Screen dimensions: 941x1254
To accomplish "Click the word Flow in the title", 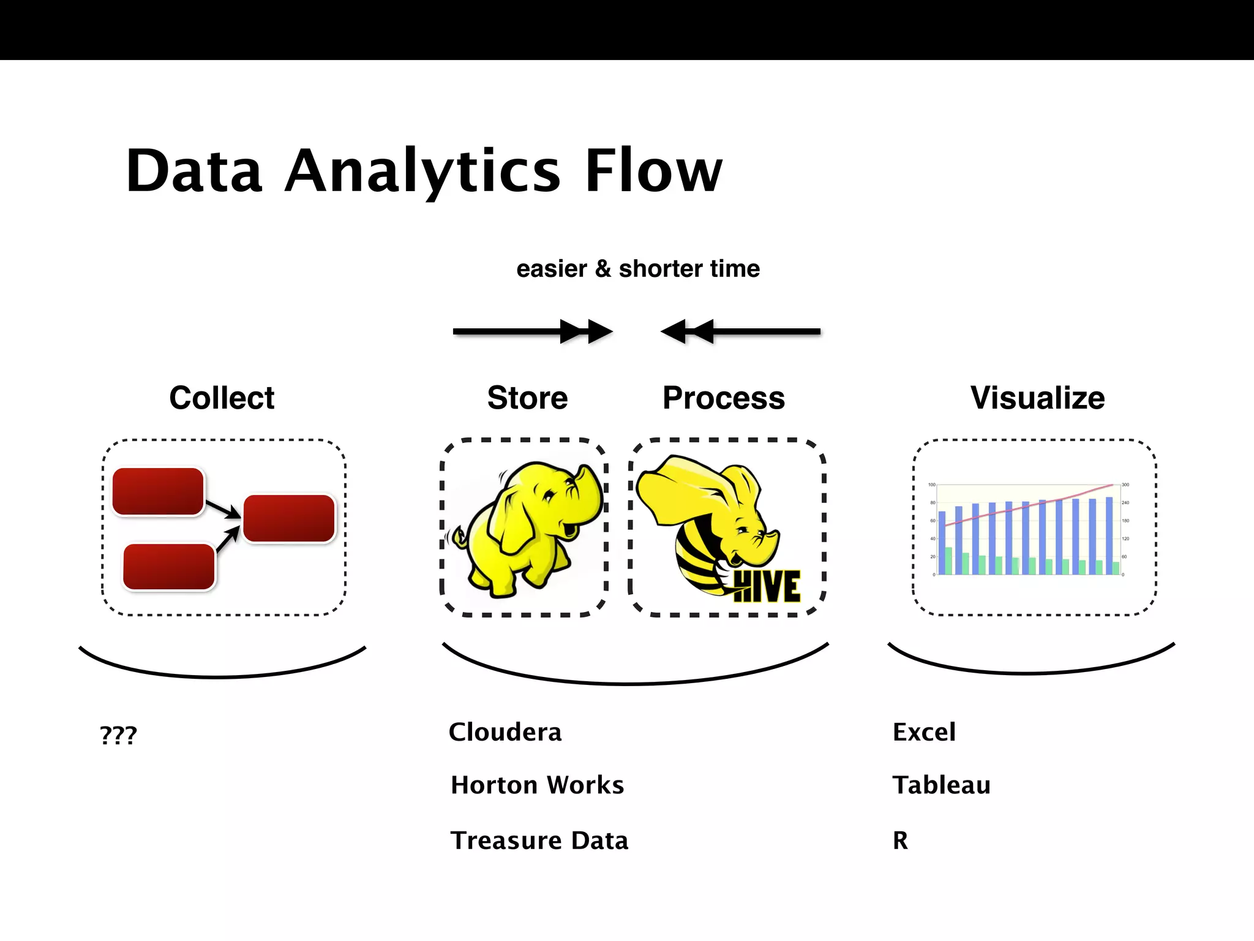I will click(x=653, y=171).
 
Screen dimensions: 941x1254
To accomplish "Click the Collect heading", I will click(x=222, y=398).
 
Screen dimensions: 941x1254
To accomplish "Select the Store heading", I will click(x=527, y=398).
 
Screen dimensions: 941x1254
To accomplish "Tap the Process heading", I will click(x=723, y=398).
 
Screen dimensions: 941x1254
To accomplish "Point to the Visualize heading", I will click(x=1037, y=398).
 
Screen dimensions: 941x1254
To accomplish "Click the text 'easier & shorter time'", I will click(x=637, y=269).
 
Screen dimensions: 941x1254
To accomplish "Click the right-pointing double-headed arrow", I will click(x=532, y=331).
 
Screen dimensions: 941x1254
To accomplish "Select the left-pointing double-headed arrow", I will click(x=740, y=331).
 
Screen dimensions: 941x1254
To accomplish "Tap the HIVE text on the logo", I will click(x=767, y=586).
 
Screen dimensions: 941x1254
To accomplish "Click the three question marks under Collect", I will click(x=118, y=735).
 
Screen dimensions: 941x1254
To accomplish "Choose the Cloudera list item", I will click(x=505, y=732).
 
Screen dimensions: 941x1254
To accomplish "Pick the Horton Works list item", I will click(x=537, y=785).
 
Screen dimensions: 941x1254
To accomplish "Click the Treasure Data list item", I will click(x=539, y=840).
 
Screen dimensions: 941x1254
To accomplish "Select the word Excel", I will click(x=923, y=732).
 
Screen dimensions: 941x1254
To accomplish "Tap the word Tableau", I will click(x=941, y=785).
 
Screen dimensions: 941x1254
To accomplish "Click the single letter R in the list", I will click(x=900, y=840).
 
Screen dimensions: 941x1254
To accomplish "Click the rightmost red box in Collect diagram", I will click(x=289, y=518).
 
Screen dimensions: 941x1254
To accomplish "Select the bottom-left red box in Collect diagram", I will click(x=169, y=567).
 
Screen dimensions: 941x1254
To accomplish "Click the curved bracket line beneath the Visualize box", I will click(x=1031, y=673).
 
